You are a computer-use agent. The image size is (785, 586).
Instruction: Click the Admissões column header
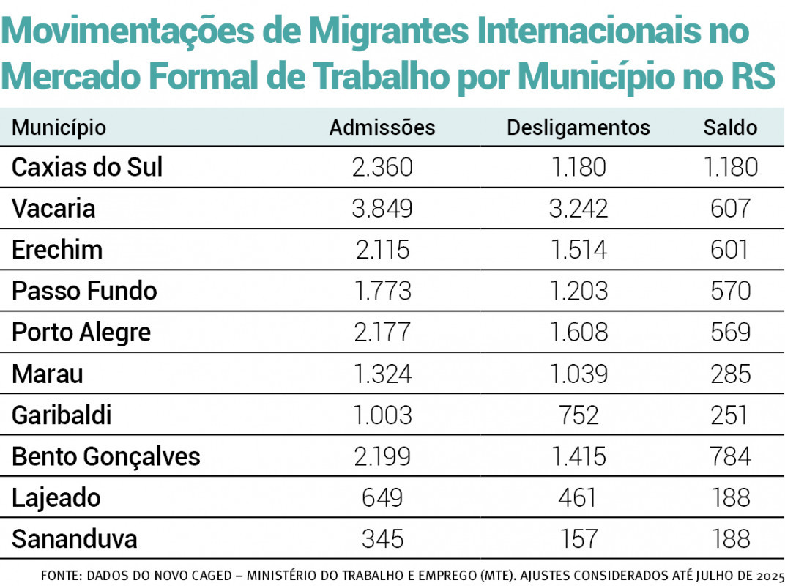click(382, 127)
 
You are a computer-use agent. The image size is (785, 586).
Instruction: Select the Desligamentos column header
click(578, 127)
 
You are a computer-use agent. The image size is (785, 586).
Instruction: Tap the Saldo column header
click(730, 127)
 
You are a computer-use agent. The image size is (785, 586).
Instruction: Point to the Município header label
click(59, 127)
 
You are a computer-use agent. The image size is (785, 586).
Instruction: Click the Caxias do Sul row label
click(87, 168)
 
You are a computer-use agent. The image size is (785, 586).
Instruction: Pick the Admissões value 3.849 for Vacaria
click(382, 209)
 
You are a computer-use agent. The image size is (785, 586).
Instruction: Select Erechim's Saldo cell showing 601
click(730, 250)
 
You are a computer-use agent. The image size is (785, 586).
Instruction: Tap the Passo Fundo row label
click(84, 291)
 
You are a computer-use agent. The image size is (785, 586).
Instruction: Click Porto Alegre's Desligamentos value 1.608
click(578, 333)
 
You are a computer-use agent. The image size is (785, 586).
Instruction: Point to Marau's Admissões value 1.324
click(382, 374)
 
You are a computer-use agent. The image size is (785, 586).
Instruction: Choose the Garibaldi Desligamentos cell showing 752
click(578, 415)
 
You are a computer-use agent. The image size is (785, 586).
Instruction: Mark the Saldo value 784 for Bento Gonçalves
click(730, 457)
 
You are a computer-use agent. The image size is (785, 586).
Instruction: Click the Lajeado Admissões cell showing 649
click(382, 498)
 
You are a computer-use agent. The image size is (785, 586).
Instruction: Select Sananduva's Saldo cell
click(730, 540)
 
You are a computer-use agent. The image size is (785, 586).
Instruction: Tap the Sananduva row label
click(74, 540)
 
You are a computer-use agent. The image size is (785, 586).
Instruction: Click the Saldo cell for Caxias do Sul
click(730, 168)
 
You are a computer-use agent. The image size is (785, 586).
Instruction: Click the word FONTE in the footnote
click(60, 576)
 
